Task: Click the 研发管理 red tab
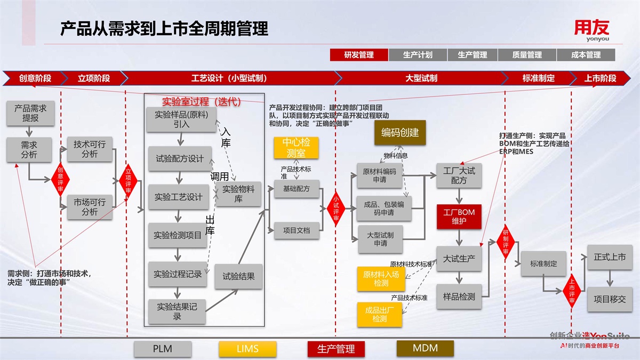point(359,55)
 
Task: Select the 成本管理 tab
point(586,55)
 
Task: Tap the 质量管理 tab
point(527,55)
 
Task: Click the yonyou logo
point(591,30)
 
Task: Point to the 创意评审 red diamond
point(60,177)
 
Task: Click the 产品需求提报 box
point(30,113)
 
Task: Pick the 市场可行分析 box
point(90,207)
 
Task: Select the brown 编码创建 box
point(400,133)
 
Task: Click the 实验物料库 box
point(238,194)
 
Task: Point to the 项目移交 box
point(610,299)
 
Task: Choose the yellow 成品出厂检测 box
point(380,315)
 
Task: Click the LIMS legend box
point(247,349)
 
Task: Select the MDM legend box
point(425,348)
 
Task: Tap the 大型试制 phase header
point(421,78)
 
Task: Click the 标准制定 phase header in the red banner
point(538,78)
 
